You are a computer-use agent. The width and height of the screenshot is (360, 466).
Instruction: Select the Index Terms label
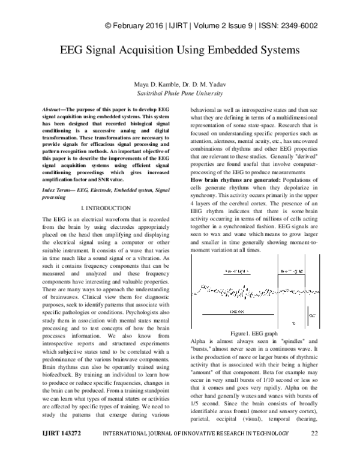click(x=56, y=173)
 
